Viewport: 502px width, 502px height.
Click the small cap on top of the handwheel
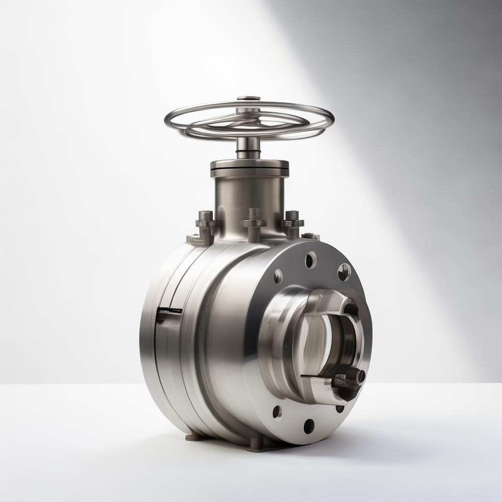(x=249, y=99)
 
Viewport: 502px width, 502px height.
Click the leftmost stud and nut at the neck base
(x=205, y=224)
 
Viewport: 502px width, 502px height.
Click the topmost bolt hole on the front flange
(x=310, y=260)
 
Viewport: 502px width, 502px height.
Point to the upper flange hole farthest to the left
(x=278, y=276)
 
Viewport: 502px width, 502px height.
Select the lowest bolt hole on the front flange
(x=309, y=426)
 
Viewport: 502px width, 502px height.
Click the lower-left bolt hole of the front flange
(x=277, y=412)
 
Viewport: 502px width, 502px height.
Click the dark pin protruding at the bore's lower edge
(x=350, y=379)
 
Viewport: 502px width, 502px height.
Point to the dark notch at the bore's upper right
(x=351, y=309)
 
